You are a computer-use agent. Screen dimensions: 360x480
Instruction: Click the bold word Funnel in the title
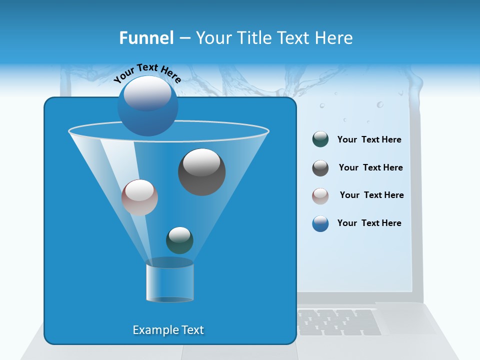tap(146, 37)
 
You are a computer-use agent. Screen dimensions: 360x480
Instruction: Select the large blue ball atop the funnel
tap(147, 105)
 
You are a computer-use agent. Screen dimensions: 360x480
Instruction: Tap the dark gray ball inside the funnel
tap(201, 171)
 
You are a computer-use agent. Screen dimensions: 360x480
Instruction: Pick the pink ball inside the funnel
tap(139, 197)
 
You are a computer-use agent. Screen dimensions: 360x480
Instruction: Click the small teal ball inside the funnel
tap(179, 240)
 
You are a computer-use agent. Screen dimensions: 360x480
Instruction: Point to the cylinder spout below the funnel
tap(169, 283)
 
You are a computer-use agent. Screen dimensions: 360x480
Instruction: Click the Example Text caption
tap(168, 330)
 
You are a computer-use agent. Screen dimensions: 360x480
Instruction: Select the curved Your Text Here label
tap(147, 73)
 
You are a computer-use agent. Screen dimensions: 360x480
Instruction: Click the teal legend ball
tap(320, 139)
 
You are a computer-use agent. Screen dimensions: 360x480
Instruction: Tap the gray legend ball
tap(320, 167)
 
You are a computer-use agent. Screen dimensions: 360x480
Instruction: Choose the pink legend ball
tap(320, 195)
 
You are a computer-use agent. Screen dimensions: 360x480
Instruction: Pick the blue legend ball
tap(320, 223)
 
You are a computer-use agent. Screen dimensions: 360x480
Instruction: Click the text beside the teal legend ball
tap(369, 139)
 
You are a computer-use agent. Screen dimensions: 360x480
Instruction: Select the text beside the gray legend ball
tap(370, 167)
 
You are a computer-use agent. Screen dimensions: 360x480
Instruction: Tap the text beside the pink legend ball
tap(371, 195)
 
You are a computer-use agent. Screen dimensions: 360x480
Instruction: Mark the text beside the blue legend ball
tap(369, 223)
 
